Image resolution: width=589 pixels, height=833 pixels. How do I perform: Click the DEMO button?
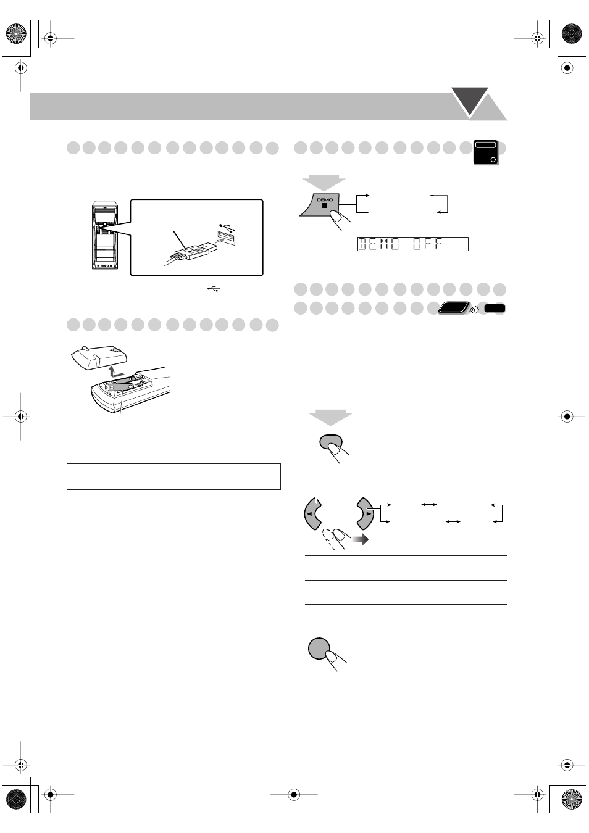pyautogui.click(x=323, y=204)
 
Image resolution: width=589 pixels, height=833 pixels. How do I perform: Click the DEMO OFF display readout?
pyautogui.click(x=412, y=244)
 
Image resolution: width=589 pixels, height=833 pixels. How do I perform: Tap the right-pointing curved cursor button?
pyautogui.click(x=365, y=513)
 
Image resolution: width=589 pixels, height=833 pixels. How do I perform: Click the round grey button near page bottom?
pyautogui.click(x=319, y=648)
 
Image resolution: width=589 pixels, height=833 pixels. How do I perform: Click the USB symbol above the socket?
pyautogui.click(x=227, y=226)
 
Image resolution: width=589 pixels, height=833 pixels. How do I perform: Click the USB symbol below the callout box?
pyautogui.click(x=214, y=288)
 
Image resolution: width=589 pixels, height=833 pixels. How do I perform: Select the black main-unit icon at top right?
pyautogui.click(x=486, y=152)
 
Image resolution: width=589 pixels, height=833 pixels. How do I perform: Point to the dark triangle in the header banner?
pyautogui.click(x=470, y=101)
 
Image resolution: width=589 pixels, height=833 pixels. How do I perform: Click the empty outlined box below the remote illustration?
pyautogui.click(x=173, y=476)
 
